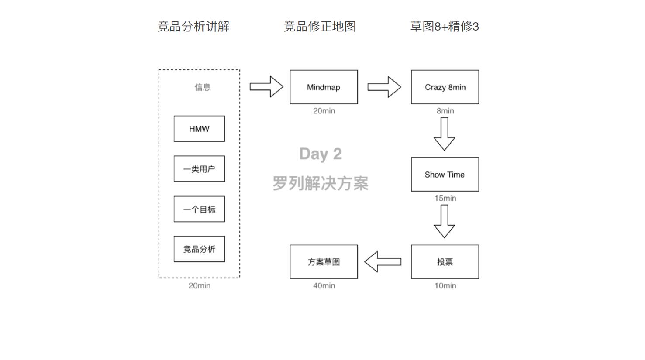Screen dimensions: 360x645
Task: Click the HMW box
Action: click(199, 129)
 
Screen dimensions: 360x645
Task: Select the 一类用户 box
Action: click(199, 169)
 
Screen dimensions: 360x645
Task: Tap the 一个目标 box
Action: click(199, 209)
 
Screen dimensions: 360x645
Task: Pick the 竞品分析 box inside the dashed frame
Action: click(199, 249)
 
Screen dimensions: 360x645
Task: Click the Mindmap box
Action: click(324, 87)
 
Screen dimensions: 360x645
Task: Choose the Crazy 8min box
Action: click(445, 87)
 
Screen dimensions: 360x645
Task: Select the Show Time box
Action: click(445, 175)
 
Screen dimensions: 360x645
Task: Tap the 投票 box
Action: click(445, 262)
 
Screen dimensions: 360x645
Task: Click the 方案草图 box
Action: click(324, 262)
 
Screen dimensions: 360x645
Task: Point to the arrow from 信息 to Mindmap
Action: click(266, 87)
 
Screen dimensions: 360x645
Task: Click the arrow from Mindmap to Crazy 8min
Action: click(384, 87)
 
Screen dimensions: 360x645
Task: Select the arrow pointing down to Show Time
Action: click(445, 134)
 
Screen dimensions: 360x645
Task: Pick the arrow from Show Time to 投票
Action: click(445, 221)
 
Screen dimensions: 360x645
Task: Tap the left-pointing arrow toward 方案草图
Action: click(383, 262)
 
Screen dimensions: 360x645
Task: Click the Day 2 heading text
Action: click(321, 154)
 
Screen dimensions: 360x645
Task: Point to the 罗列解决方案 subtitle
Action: click(321, 183)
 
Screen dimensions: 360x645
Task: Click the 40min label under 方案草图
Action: click(324, 286)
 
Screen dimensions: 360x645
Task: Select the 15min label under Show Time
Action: click(445, 199)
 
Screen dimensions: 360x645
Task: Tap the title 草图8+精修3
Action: click(445, 27)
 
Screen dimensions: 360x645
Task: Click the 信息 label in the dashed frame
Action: click(203, 87)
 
